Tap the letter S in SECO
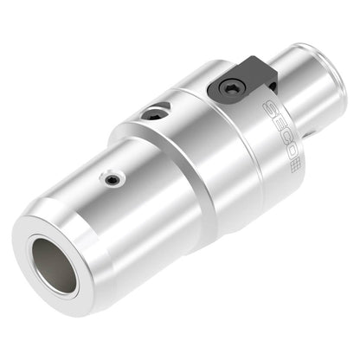[x=269, y=108]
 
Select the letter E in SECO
[x=275, y=122]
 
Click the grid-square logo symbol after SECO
[x=294, y=166]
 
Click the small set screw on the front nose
[x=112, y=181]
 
